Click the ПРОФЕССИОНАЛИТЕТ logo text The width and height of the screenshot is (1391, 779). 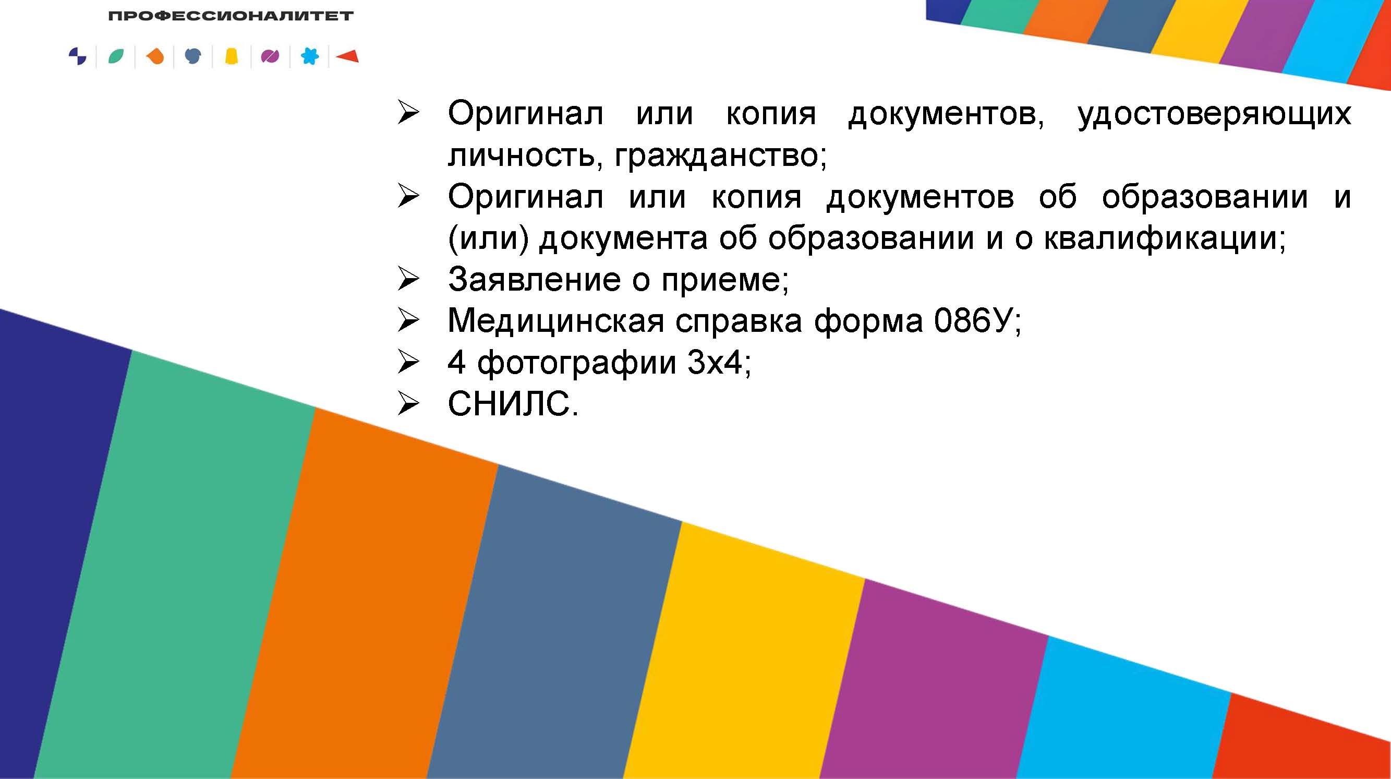[x=231, y=16]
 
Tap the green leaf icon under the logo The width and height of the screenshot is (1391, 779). [x=116, y=56]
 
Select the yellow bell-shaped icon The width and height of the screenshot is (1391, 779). [x=232, y=56]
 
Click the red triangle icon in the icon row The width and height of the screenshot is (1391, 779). [x=347, y=56]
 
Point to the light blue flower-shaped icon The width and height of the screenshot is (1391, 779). [x=309, y=56]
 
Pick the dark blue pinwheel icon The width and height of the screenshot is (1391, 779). [x=78, y=56]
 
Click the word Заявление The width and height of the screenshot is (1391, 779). [x=535, y=279]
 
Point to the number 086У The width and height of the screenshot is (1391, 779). [x=973, y=320]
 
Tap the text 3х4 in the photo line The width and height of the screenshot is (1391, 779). [x=715, y=362]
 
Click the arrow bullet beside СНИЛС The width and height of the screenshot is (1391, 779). [x=408, y=403]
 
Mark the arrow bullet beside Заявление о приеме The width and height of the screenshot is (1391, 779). [x=408, y=279]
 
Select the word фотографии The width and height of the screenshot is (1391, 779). [x=577, y=363]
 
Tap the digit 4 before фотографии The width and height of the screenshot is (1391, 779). [x=457, y=362]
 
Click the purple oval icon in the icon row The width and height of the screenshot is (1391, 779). [x=270, y=56]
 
